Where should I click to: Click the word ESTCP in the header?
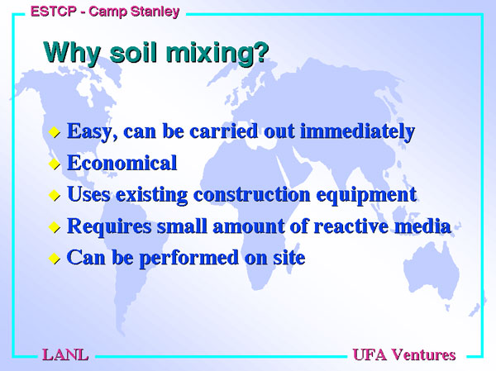[54, 12]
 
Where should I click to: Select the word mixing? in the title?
[217, 54]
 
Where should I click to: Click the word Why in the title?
[72, 53]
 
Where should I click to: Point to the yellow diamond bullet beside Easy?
[55, 132]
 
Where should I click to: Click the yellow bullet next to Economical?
[55, 164]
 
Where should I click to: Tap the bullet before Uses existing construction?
[55, 195]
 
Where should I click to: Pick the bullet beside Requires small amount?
[55, 227]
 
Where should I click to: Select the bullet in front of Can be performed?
[55, 259]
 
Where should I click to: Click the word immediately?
[357, 131]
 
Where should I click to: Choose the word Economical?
[122, 163]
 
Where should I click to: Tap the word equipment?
[366, 196]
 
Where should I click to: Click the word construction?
[252, 194]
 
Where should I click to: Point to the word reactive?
[351, 226]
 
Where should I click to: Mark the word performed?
[188, 259]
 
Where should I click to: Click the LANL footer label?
[65, 354]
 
